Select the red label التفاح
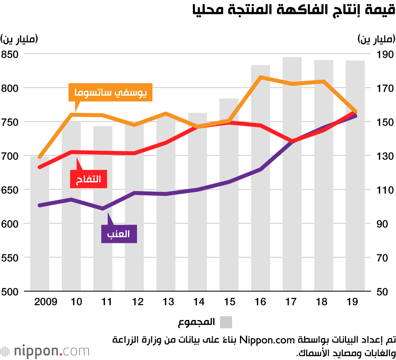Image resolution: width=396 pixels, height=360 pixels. [88, 179]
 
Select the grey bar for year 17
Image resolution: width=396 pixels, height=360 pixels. [292, 174]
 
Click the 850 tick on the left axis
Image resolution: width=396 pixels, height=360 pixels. [11, 54]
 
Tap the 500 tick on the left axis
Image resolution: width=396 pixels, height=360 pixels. [11, 292]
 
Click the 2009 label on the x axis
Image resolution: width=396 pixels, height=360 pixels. [46, 302]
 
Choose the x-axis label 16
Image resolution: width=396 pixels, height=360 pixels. [260, 302]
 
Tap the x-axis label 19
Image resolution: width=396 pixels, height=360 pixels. [352, 302]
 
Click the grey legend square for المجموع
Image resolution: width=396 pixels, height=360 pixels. [226, 322]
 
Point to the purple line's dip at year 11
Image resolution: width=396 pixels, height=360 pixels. [103, 208]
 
